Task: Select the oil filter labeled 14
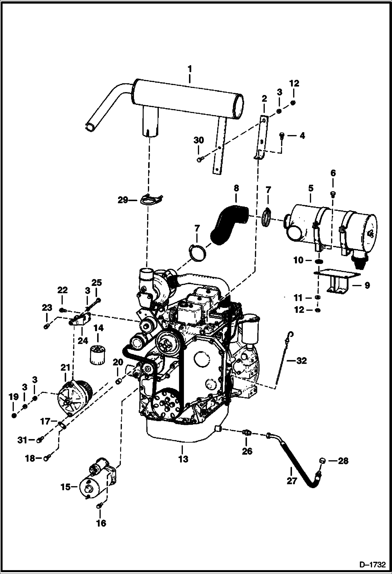pos(97,354)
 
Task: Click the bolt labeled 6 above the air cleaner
pos(333,194)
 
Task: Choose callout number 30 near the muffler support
pos(199,140)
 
